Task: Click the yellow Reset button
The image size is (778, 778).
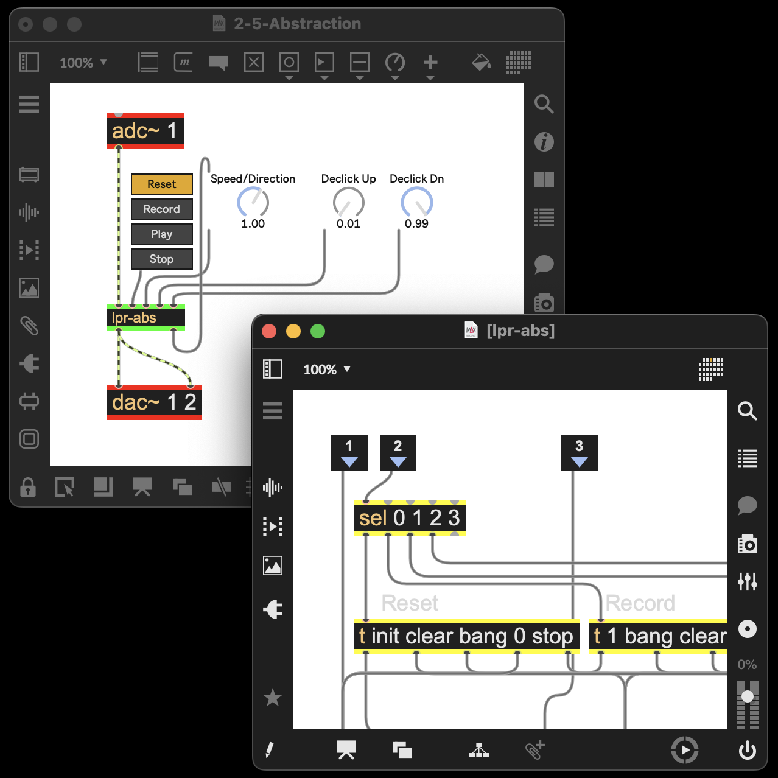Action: pos(161,184)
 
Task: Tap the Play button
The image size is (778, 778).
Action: pos(161,234)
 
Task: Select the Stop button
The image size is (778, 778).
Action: pos(161,259)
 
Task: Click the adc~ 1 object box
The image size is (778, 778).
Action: pos(145,131)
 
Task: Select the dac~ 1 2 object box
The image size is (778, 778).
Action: pos(154,402)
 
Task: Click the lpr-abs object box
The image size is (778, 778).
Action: pos(145,318)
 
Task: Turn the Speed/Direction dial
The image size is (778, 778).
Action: pos(253,203)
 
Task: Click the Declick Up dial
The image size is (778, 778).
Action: pos(348,203)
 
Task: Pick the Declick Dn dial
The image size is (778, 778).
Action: pos(416,203)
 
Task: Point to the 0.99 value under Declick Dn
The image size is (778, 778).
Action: pos(416,223)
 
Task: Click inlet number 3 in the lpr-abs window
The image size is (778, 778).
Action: pos(580,452)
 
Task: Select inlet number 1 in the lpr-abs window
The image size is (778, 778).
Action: pos(349,452)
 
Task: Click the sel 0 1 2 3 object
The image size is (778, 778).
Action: pos(410,518)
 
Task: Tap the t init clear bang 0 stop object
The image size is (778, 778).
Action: pos(467,636)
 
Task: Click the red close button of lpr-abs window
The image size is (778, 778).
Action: pos(269,331)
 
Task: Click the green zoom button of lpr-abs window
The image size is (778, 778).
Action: pos(318,331)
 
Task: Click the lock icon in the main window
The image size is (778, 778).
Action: pos(28,487)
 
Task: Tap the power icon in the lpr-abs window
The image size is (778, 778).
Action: pos(748,750)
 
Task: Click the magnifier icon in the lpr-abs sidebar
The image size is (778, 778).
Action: pos(748,411)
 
